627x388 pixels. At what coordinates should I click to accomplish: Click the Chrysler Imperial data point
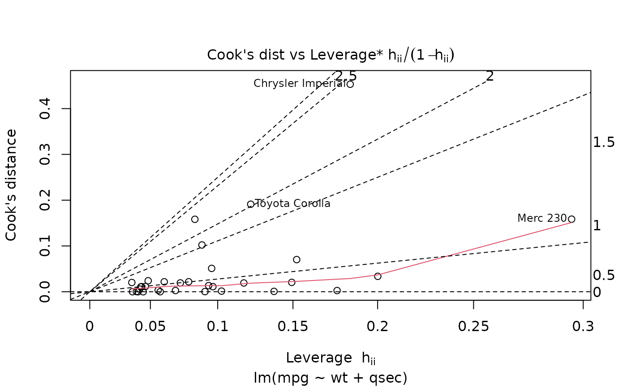point(350,84)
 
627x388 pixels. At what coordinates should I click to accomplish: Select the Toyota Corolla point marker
point(251,204)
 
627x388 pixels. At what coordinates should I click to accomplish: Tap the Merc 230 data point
point(571,219)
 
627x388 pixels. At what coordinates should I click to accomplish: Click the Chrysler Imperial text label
point(299,83)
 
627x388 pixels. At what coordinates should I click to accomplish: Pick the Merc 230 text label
point(542,218)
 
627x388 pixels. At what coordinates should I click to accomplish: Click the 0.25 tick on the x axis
point(474,327)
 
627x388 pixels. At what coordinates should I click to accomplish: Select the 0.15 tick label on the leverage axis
point(293,327)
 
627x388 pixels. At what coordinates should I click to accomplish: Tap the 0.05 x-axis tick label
point(150,327)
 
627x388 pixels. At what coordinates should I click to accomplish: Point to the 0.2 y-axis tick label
point(45,200)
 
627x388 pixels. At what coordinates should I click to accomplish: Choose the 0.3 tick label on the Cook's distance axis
point(45,154)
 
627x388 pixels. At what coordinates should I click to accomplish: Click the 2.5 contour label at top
point(346,76)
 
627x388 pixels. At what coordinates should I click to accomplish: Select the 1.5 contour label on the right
point(603,142)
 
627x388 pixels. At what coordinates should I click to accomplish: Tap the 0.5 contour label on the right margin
point(603,275)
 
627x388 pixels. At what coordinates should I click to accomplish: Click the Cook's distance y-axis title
point(12,185)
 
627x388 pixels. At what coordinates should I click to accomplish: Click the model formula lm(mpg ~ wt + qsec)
point(331,378)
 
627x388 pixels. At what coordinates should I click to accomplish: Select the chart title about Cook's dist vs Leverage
point(331,55)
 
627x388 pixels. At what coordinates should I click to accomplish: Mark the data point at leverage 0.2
point(378,276)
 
